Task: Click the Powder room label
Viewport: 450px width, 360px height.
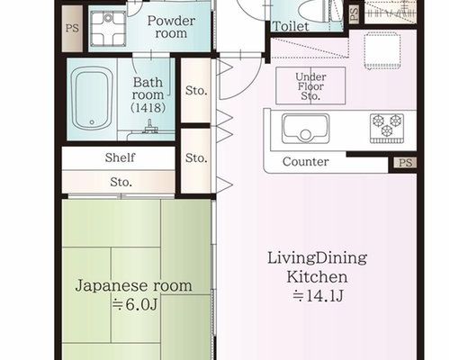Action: pos(171,27)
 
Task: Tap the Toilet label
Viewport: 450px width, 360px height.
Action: pos(291,26)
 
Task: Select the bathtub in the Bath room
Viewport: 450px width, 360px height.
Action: pos(92,99)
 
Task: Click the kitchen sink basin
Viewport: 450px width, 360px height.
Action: pos(305,129)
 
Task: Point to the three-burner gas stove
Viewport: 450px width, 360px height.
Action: pos(387,128)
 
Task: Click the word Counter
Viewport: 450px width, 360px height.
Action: pos(305,162)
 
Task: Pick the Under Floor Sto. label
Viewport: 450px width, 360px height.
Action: pos(310,86)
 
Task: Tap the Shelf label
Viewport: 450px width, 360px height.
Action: pos(120,157)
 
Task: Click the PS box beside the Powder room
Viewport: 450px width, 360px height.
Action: pos(72,29)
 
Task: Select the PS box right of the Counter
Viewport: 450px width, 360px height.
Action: pos(405,163)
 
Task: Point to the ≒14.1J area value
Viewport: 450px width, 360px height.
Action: pos(318,296)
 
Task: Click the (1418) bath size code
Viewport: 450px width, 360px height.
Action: pos(148,108)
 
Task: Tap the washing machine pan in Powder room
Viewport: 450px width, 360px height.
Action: pos(108,29)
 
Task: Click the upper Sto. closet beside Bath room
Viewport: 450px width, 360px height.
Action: pos(196,90)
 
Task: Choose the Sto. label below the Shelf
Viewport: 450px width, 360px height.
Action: pos(121,182)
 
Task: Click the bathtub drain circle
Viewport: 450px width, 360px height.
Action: pos(92,122)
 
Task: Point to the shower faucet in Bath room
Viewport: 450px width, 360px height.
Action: pos(150,127)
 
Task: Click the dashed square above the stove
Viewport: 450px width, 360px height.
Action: pos(382,51)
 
